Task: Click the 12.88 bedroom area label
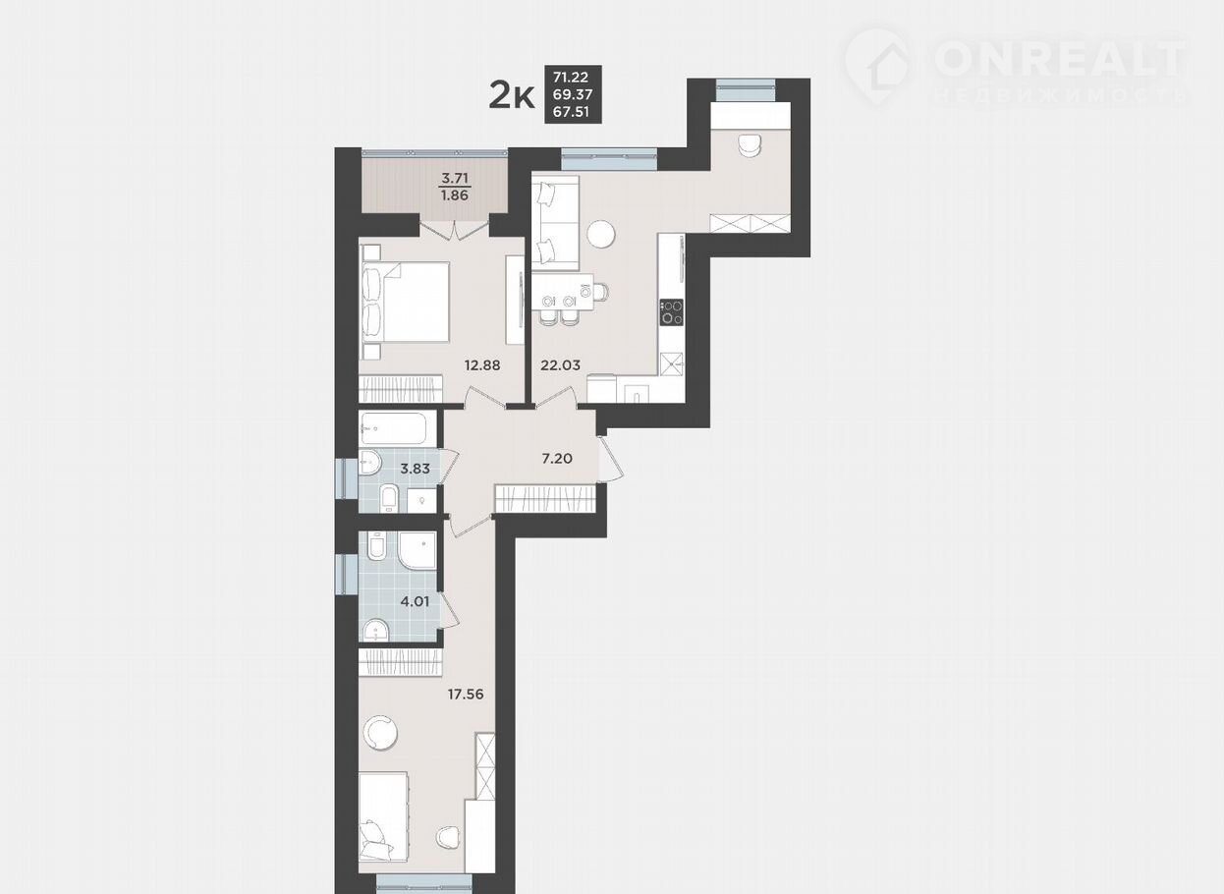click(482, 365)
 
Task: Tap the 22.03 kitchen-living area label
click(560, 365)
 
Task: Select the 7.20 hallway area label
click(557, 459)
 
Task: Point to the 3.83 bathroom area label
click(415, 469)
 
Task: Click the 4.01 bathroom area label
click(415, 601)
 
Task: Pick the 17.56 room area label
click(466, 695)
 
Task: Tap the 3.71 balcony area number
click(455, 178)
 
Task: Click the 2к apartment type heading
click(512, 94)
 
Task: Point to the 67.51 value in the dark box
click(573, 112)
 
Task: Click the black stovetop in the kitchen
click(671, 312)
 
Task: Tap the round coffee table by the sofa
click(600, 235)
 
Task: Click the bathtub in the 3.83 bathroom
click(398, 428)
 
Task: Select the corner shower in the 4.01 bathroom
click(417, 550)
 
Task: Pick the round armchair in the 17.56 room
click(380, 733)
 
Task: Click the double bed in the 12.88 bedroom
click(405, 303)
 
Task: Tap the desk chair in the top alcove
click(750, 144)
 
